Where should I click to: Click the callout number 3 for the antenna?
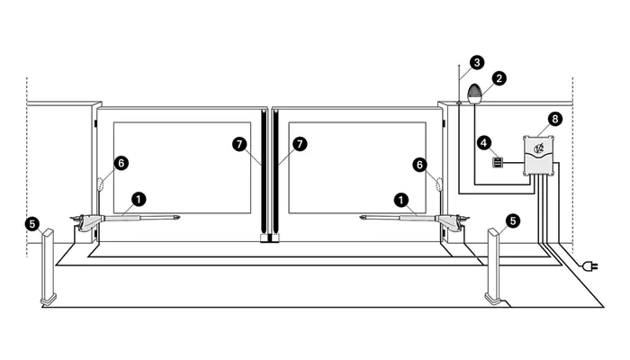pyautogui.click(x=477, y=62)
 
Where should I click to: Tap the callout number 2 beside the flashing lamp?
pyautogui.click(x=499, y=78)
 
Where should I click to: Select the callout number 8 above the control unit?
pyautogui.click(x=555, y=119)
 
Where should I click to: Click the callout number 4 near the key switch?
pyautogui.click(x=484, y=142)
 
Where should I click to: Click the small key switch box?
pyautogui.click(x=498, y=163)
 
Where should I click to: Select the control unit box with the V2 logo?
pyautogui.click(x=538, y=156)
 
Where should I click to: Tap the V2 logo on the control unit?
pyautogui.click(x=538, y=148)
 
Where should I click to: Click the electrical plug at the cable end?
pyautogui.click(x=589, y=265)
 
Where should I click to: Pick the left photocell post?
pyautogui.click(x=48, y=266)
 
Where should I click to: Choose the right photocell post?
pyautogui.click(x=493, y=266)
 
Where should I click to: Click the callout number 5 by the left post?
pyautogui.click(x=32, y=223)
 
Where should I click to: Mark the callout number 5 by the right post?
pyautogui.click(x=512, y=220)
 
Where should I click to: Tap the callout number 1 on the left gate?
pyautogui.click(x=139, y=199)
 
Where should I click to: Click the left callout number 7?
pyautogui.click(x=240, y=144)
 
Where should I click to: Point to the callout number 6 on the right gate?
pyautogui.click(x=420, y=165)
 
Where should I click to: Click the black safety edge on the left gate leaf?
pyautogui.click(x=264, y=172)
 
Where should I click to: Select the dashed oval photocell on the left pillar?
pyautogui.click(x=101, y=184)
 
